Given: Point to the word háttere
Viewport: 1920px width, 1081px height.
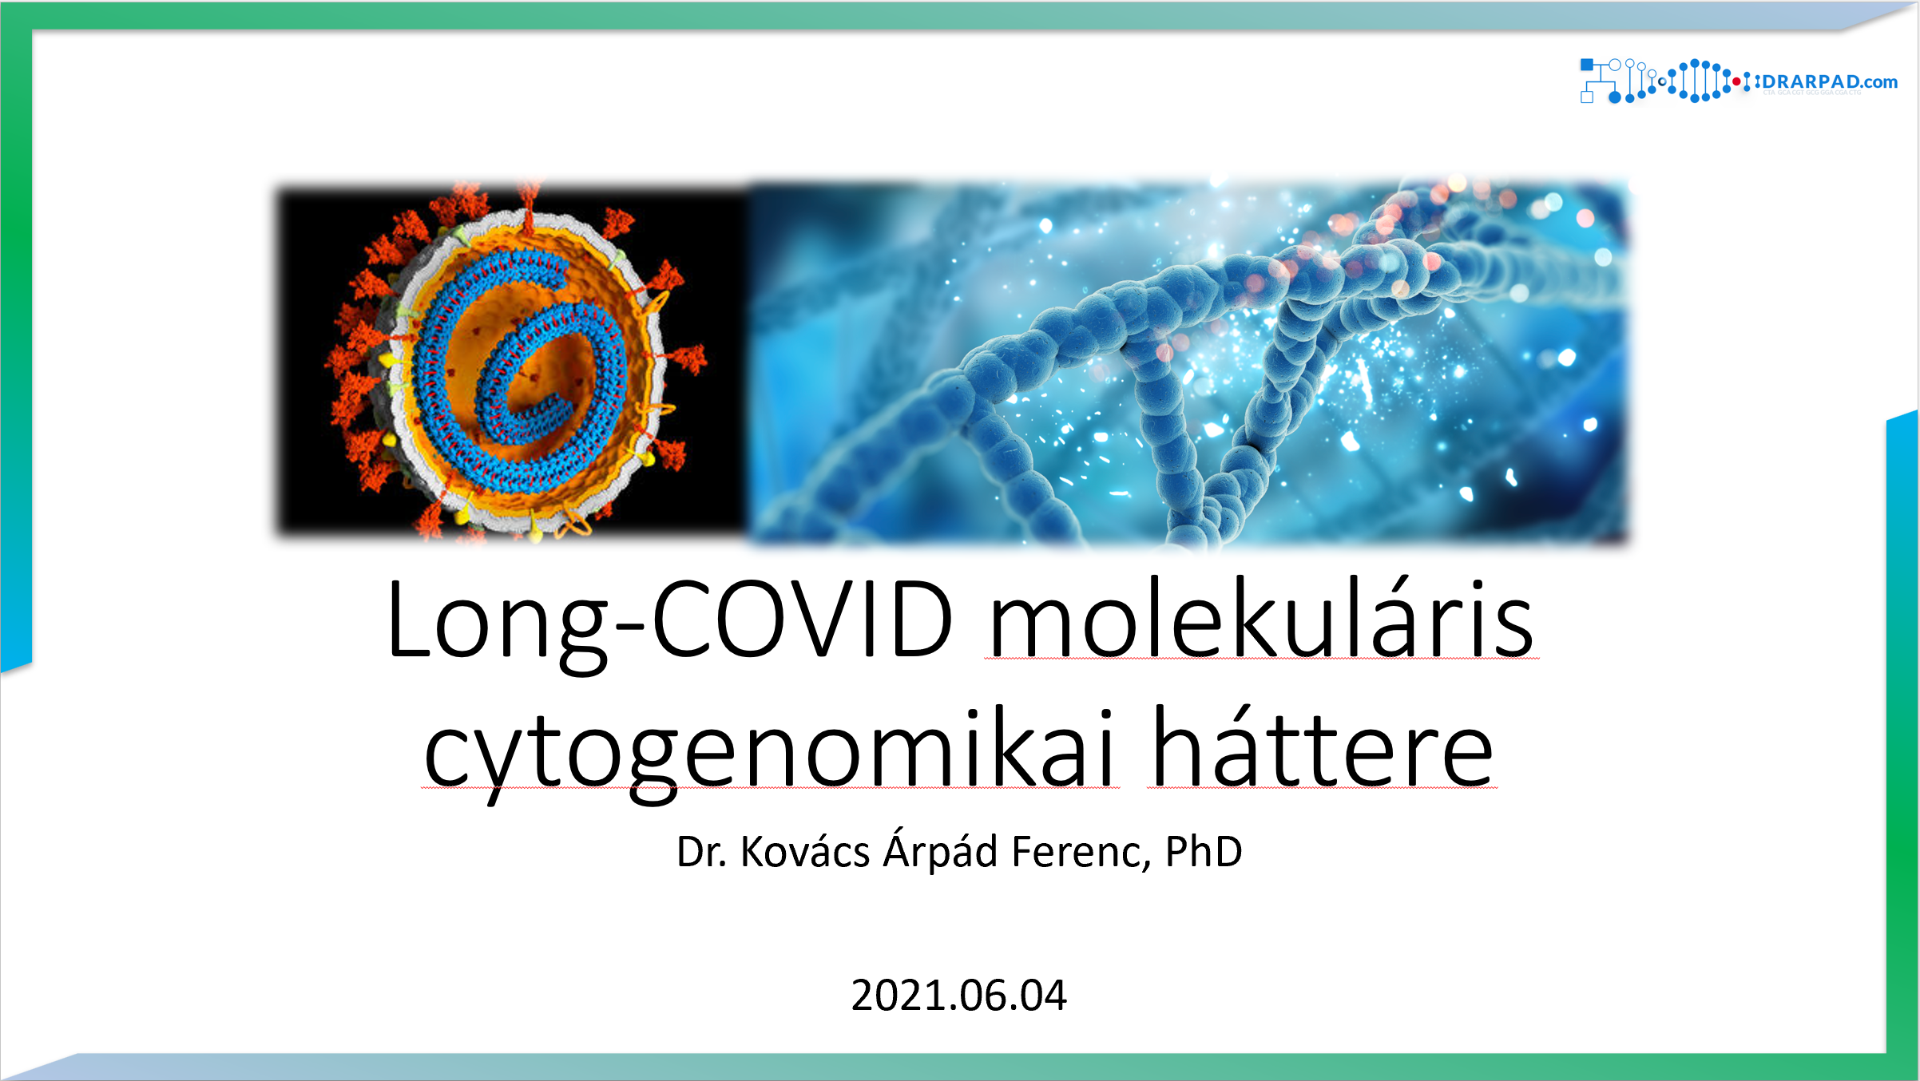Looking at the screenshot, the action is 1323,746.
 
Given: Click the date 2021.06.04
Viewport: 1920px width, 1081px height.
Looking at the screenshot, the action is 959,996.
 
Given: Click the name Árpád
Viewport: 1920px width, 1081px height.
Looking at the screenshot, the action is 940,851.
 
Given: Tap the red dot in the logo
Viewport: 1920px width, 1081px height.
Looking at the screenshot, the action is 1736,81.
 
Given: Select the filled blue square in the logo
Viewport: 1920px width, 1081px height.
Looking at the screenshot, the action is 1587,65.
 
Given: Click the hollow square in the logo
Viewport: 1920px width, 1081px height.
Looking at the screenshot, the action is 1587,97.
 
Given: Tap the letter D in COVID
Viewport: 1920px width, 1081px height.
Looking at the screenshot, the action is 922,618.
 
